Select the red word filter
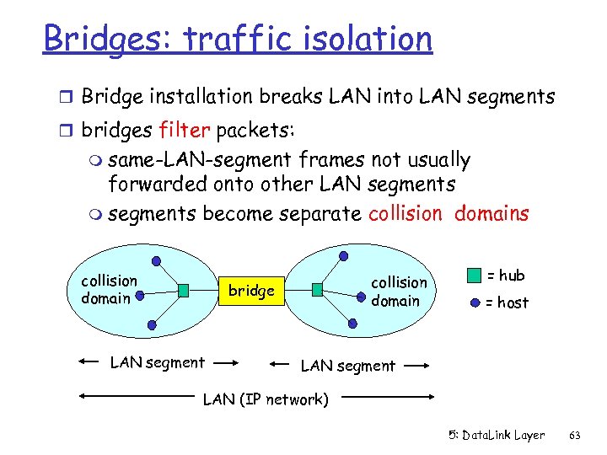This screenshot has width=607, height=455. coord(185,131)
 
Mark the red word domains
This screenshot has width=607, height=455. coord(492,213)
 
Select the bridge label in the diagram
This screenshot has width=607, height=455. coord(252,291)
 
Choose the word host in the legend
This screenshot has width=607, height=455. coord(513,302)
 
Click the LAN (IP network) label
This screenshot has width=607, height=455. coord(266,399)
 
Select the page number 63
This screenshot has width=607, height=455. coord(576,436)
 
